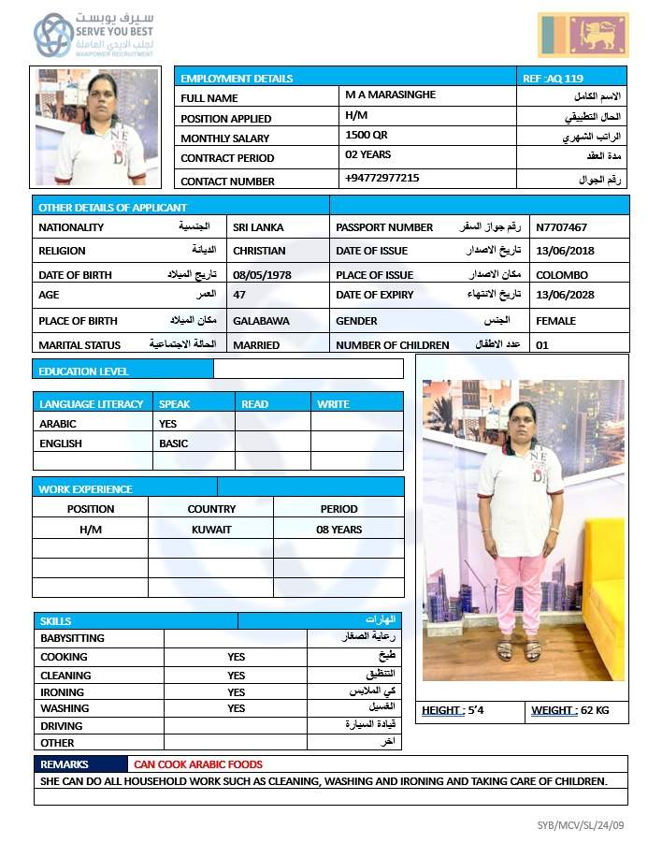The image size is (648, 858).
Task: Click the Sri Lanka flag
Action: [583, 35]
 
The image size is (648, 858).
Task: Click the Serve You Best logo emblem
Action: [52, 36]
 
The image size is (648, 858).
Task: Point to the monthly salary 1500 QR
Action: [367, 135]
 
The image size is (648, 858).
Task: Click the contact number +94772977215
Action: [382, 178]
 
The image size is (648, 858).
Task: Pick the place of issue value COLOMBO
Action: [562, 275]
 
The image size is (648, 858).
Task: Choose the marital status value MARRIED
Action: [256, 345]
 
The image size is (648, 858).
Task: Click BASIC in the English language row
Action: [173, 444]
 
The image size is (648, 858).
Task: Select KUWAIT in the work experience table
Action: [211, 530]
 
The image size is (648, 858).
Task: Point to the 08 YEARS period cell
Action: [338, 530]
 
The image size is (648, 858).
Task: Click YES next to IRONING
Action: [236, 692]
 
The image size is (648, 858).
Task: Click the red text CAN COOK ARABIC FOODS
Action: [197, 764]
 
